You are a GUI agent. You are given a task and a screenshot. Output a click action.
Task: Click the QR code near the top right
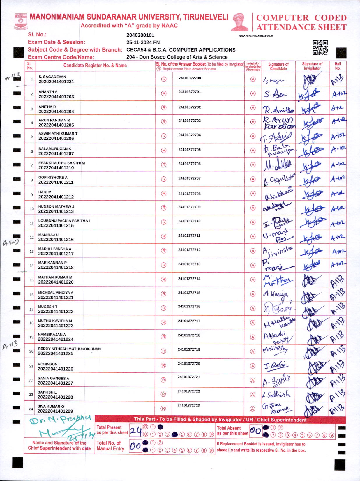click(320, 48)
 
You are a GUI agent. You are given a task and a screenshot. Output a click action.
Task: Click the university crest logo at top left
click(20, 21)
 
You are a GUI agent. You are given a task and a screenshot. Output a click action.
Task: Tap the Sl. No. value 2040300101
click(140, 35)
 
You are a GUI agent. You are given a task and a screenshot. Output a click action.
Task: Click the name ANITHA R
click(47, 107)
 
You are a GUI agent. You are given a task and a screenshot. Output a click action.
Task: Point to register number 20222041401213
click(56, 211)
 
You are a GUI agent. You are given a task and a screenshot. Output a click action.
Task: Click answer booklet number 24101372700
click(190, 78)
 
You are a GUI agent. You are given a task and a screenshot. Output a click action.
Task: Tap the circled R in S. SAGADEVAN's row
click(164, 79)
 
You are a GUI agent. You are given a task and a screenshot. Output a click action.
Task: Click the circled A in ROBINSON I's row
click(253, 366)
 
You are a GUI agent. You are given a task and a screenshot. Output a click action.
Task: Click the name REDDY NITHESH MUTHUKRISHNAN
click(69, 349)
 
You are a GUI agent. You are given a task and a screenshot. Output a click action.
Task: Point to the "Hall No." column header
click(338, 66)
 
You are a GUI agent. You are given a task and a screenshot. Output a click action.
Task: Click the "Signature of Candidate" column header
click(278, 66)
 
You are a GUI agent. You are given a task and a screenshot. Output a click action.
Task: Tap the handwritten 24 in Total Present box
click(136, 430)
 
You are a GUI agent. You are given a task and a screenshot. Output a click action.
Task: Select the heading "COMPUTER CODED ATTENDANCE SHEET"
click(301, 22)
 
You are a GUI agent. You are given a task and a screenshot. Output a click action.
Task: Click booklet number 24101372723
click(189, 405)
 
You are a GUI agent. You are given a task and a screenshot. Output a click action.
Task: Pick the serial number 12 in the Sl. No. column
click(32, 237)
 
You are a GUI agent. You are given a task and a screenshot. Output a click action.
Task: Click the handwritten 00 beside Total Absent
click(255, 431)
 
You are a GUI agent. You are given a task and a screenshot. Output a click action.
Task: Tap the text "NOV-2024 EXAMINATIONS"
click(256, 36)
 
